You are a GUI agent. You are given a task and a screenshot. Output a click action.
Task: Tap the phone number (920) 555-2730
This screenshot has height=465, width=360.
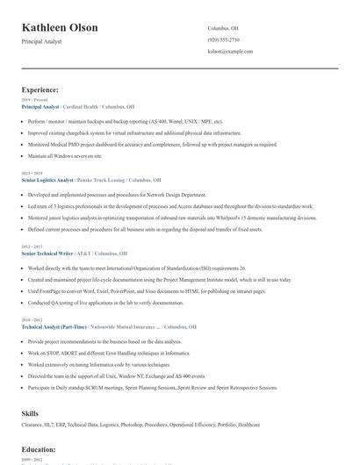223,39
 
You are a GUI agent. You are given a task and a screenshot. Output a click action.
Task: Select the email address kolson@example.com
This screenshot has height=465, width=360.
230,51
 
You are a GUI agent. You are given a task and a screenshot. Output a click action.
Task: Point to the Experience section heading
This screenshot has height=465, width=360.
40,89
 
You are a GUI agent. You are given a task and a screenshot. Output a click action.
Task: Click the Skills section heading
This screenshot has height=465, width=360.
30,411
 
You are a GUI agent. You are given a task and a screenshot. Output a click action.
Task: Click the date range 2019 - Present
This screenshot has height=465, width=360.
33,100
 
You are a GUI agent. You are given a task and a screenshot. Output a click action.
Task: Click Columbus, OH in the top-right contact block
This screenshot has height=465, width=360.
223,28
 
